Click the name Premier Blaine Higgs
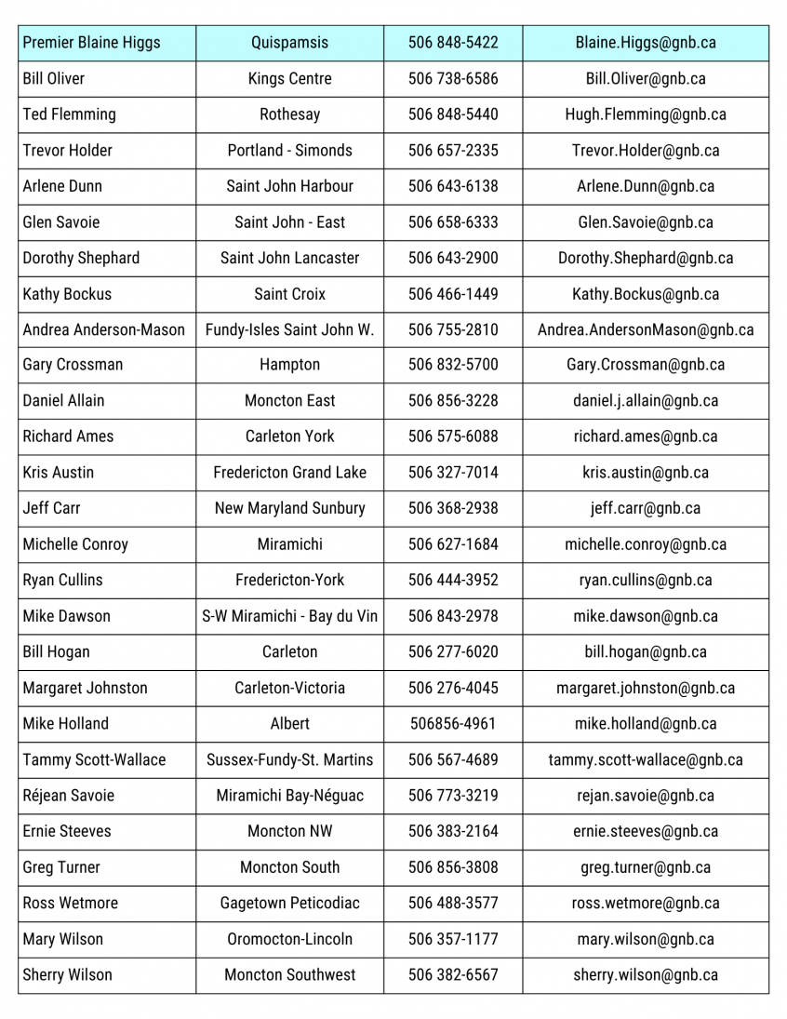[x=91, y=43]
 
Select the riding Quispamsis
[x=289, y=43]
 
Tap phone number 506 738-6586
[x=453, y=79]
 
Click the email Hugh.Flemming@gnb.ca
[x=646, y=114]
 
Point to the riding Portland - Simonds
[x=289, y=151]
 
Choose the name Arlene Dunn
[x=62, y=186]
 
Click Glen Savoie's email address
[x=646, y=222]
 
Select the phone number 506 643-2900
[x=453, y=258]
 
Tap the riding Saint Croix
[x=289, y=294]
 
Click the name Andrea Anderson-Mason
[x=103, y=329]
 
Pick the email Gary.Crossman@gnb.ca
[x=646, y=365]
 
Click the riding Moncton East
[x=289, y=401]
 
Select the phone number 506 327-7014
[x=453, y=473]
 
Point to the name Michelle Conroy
[x=75, y=544]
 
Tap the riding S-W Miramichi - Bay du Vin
[x=289, y=616]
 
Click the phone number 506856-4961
[x=453, y=724]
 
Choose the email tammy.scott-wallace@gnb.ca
[x=646, y=759]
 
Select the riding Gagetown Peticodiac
[x=289, y=903]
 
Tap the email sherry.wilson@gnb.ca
[x=646, y=975]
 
